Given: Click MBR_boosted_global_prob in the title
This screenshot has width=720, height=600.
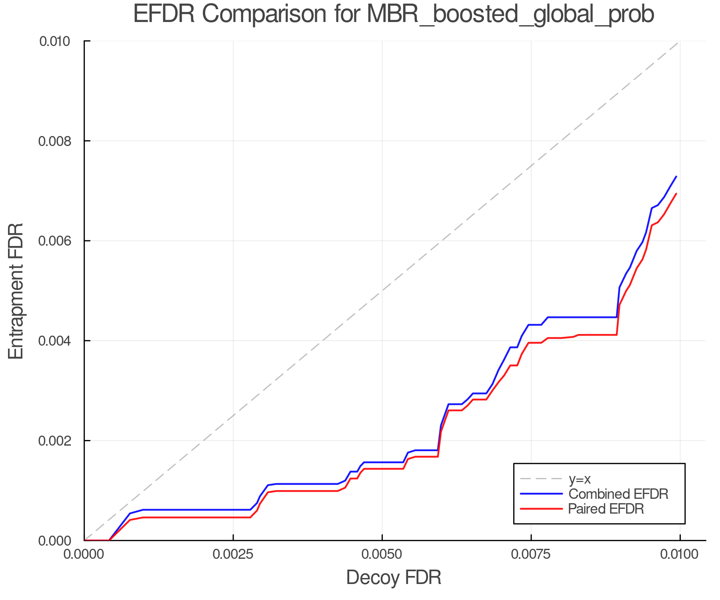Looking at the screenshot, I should [510, 14].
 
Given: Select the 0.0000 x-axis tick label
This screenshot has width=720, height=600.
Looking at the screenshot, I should [84, 554].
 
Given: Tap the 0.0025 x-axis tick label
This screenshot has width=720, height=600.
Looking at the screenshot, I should [233, 554].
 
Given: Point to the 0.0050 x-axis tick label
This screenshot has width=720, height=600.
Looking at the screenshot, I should [382, 554].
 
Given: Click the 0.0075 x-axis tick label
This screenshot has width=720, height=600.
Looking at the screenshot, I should [531, 554].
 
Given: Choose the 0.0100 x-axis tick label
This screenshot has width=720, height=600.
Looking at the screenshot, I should [680, 554].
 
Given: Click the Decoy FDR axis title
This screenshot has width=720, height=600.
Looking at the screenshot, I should [394, 578].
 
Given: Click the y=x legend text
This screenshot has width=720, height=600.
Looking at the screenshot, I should [580, 479].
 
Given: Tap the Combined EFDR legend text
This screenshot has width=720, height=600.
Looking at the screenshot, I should [618, 494].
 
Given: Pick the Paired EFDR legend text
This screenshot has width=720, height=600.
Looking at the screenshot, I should [606, 509].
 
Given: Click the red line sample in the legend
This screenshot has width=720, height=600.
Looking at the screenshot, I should [541, 509].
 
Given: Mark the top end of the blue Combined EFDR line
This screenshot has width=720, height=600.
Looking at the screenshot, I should [676, 176].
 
